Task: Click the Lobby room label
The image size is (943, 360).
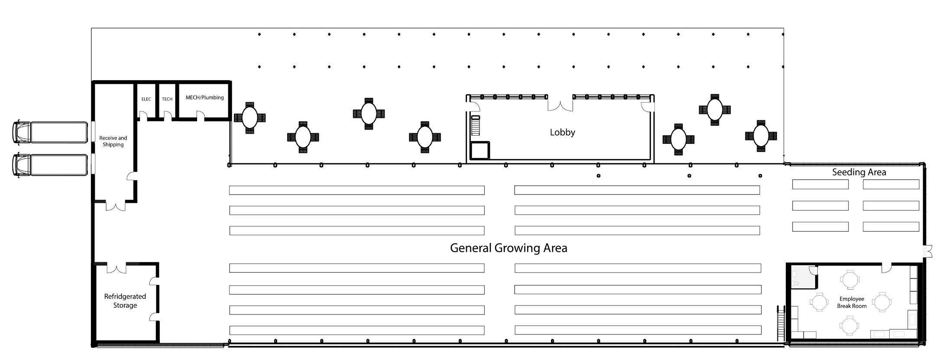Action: pyautogui.click(x=562, y=132)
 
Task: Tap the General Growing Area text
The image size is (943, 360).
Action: pyautogui.click(x=509, y=248)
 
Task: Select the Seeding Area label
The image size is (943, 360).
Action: pyautogui.click(x=859, y=172)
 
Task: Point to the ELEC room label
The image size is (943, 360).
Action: pyautogui.click(x=146, y=99)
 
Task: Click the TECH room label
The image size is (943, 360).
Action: pyautogui.click(x=167, y=99)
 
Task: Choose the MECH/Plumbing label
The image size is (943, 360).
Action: pyautogui.click(x=205, y=97)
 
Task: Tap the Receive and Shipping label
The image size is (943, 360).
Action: pyautogui.click(x=113, y=141)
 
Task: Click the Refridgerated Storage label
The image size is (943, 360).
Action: pyautogui.click(x=125, y=301)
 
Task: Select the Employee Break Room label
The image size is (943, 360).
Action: pyautogui.click(x=852, y=302)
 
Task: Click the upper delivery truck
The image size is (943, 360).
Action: pyautogui.click(x=50, y=132)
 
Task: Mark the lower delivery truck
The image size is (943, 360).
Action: pyautogui.click(x=50, y=165)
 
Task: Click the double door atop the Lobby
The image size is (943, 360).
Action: pyautogui.click(x=560, y=105)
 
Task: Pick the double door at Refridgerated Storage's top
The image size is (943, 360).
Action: pyautogui.click(x=116, y=268)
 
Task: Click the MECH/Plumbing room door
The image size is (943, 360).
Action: pyautogui.click(x=201, y=115)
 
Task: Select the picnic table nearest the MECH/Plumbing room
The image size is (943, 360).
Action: pyautogui.click(x=250, y=118)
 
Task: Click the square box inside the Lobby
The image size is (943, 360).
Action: pyautogui.click(x=480, y=151)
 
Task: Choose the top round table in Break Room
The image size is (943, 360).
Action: pyautogui.click(x=849, y=279)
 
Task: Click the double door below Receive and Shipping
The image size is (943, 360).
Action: pyautogui.click(x=116, y=206)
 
